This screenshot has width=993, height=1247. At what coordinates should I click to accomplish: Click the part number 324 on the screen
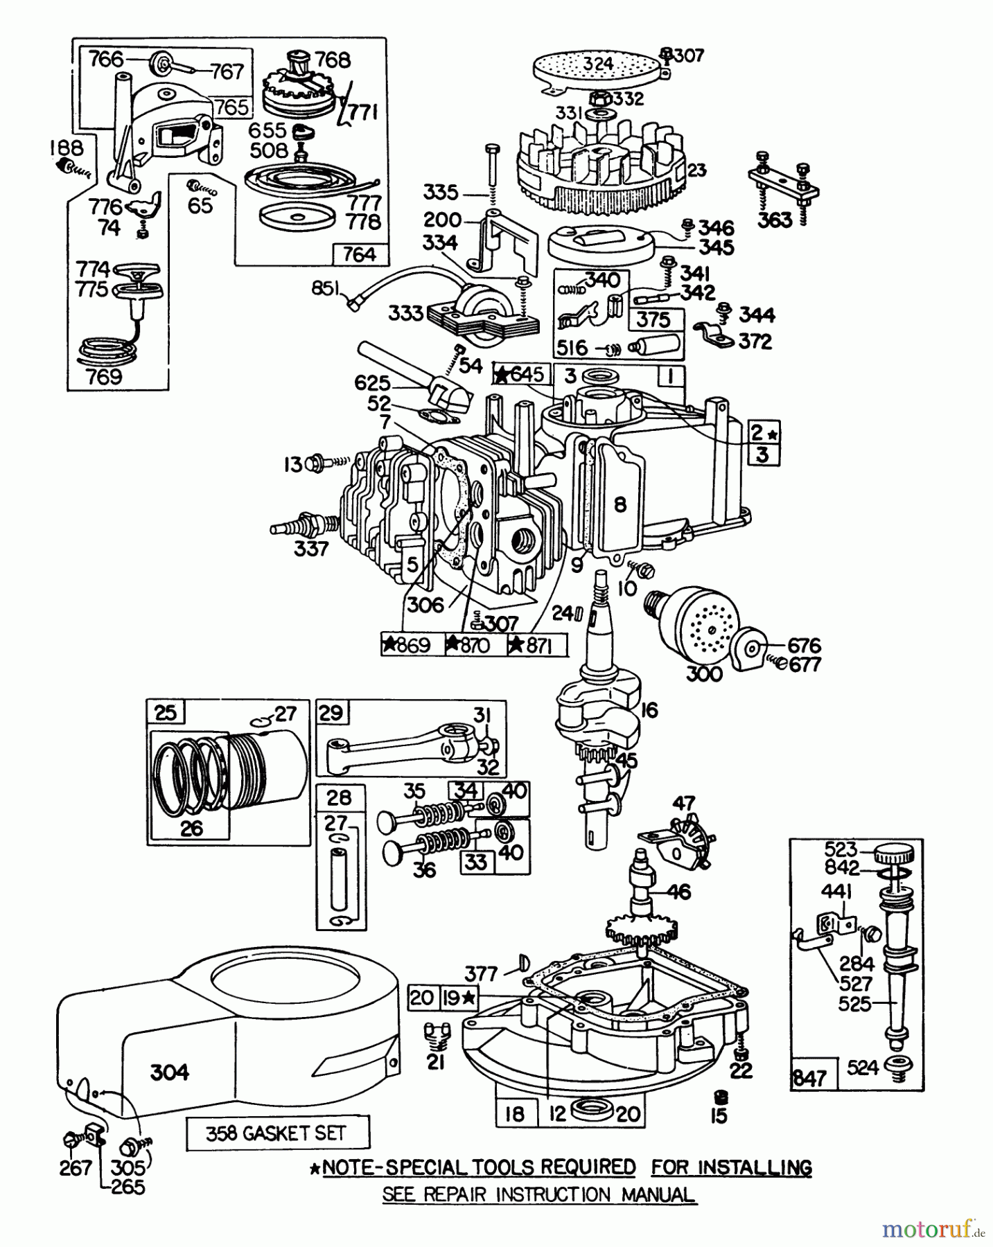(597, 64)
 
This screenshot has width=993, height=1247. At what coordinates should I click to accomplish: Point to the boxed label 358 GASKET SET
(277, 1134)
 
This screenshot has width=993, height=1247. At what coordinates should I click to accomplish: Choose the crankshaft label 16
(649, 710)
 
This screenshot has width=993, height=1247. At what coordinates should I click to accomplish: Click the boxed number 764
(359, 255)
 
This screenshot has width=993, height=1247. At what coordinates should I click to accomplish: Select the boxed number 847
(809, 1078)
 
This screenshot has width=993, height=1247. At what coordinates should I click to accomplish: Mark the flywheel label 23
(696, 170)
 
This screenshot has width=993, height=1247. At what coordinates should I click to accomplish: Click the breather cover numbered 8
(619, 504)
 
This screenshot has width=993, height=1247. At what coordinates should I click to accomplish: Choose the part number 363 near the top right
(774, 220)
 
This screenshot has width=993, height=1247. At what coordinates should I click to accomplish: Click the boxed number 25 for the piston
(165, 712)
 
